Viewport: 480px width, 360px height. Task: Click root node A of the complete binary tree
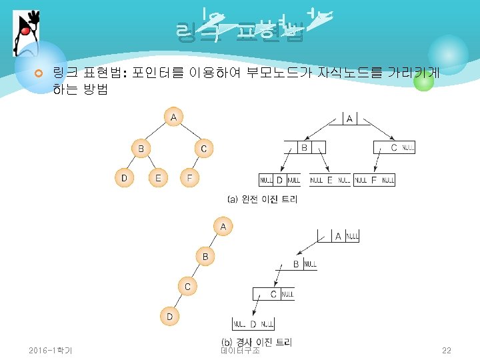(173, 118)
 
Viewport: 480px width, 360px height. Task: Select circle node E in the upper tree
(158, 177)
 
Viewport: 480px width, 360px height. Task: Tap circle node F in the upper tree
(190, 177)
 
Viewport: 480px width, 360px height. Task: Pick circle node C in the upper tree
(204, 148)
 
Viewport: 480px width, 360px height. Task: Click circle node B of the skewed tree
(205, 256)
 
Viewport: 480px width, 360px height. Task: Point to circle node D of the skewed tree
(169, 316)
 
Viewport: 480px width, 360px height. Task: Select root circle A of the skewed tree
(223, 227)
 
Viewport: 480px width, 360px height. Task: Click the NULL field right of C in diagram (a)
(408, 148)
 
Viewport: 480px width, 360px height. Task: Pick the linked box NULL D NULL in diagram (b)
(253, 325)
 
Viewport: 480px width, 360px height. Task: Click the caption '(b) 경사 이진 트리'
(257, 341)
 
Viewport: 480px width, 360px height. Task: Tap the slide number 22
(446, 350)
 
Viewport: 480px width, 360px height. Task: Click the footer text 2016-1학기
(51, 350)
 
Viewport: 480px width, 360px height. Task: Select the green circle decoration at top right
(423, 81)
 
